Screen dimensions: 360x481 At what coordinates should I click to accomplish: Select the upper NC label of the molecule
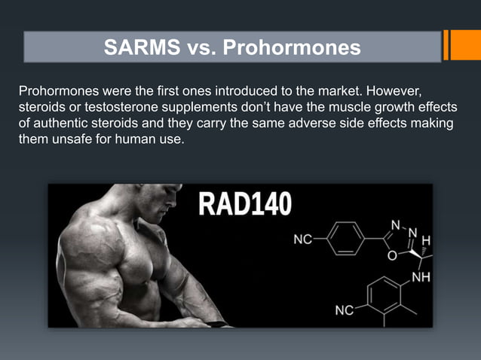(x=302, y=239)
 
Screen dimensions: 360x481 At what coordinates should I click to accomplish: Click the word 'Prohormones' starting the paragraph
(x=53, y=91)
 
